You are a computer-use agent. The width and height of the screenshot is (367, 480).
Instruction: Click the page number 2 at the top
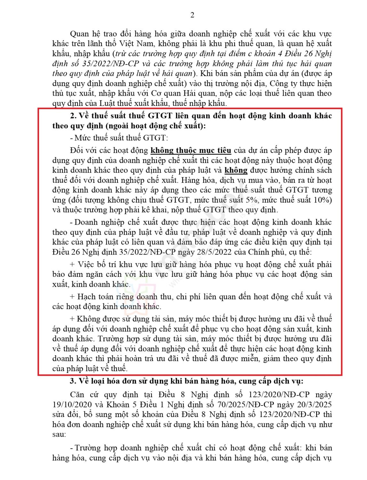click(x=192, y=15)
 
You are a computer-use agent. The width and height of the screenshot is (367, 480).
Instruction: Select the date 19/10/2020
click(x=72, y=405)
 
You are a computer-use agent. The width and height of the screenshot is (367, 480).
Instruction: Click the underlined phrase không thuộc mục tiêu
click(x=191, y=150)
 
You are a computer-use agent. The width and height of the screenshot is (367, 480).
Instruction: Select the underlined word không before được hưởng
click(x=236, y=170)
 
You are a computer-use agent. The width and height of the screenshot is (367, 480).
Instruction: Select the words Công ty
click(x=283, y=84)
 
